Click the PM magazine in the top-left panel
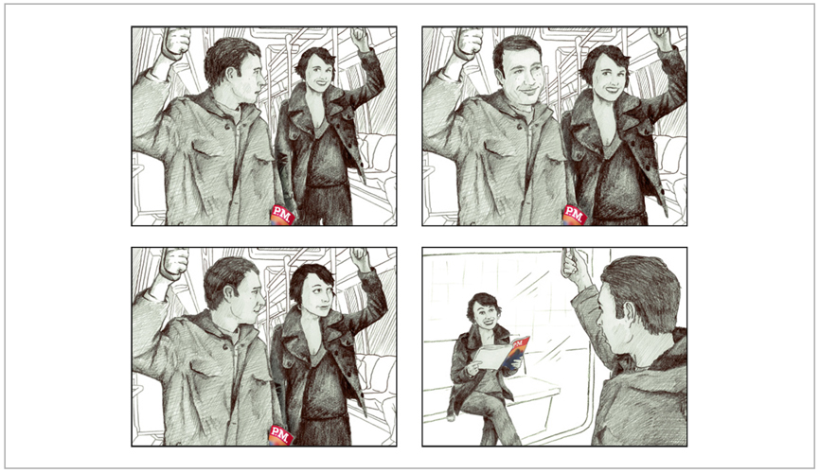282,215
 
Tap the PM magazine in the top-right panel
574,215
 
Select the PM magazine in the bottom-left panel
281,435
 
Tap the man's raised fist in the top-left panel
176,41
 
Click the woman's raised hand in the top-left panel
361,37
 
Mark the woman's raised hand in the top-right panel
659,38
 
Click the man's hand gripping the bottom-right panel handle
575,266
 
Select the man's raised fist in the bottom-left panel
175,262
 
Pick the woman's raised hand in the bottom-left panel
361,258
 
